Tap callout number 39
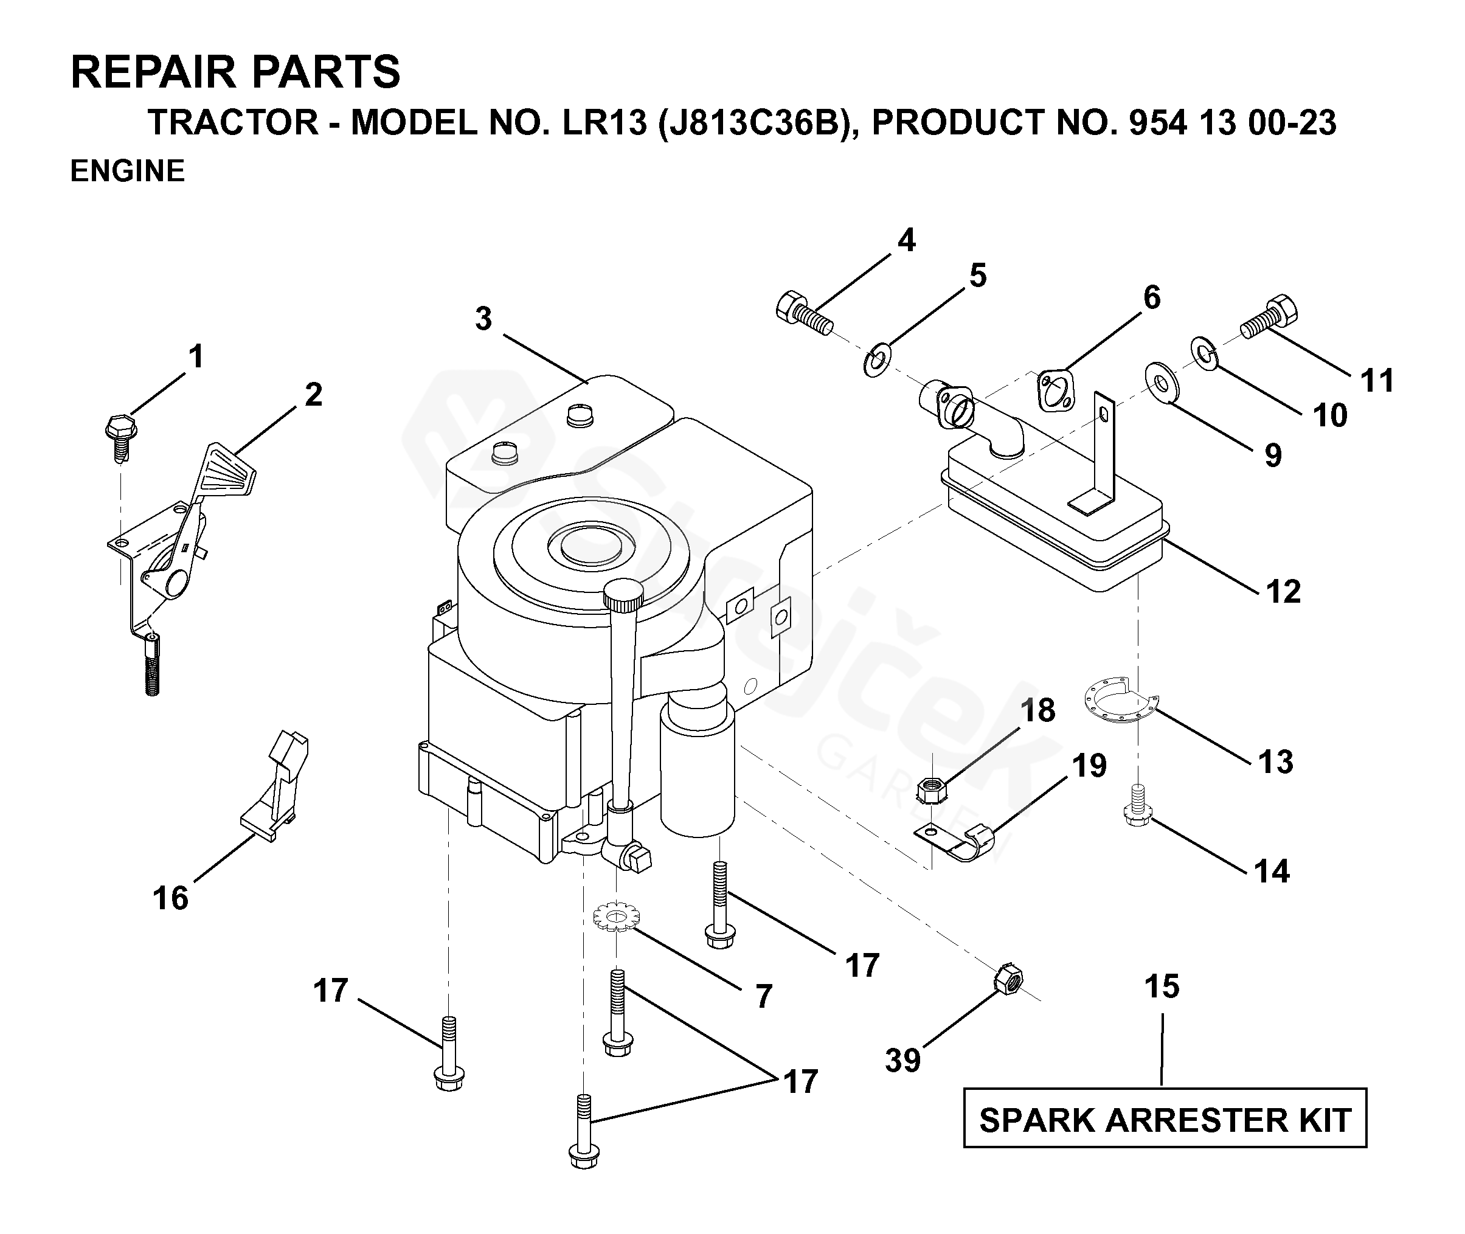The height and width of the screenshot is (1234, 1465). coord(902,1061)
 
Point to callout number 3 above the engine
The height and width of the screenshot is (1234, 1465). coord(483,319)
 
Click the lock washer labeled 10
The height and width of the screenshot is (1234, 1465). coord(1204,353)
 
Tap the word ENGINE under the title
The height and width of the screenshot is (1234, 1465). coord(127,171)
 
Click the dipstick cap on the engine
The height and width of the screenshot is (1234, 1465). coord(624,591)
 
